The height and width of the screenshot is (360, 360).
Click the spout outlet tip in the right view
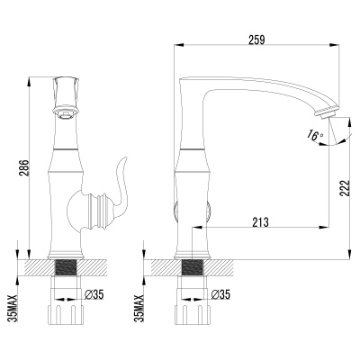(x=322, y=112)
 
